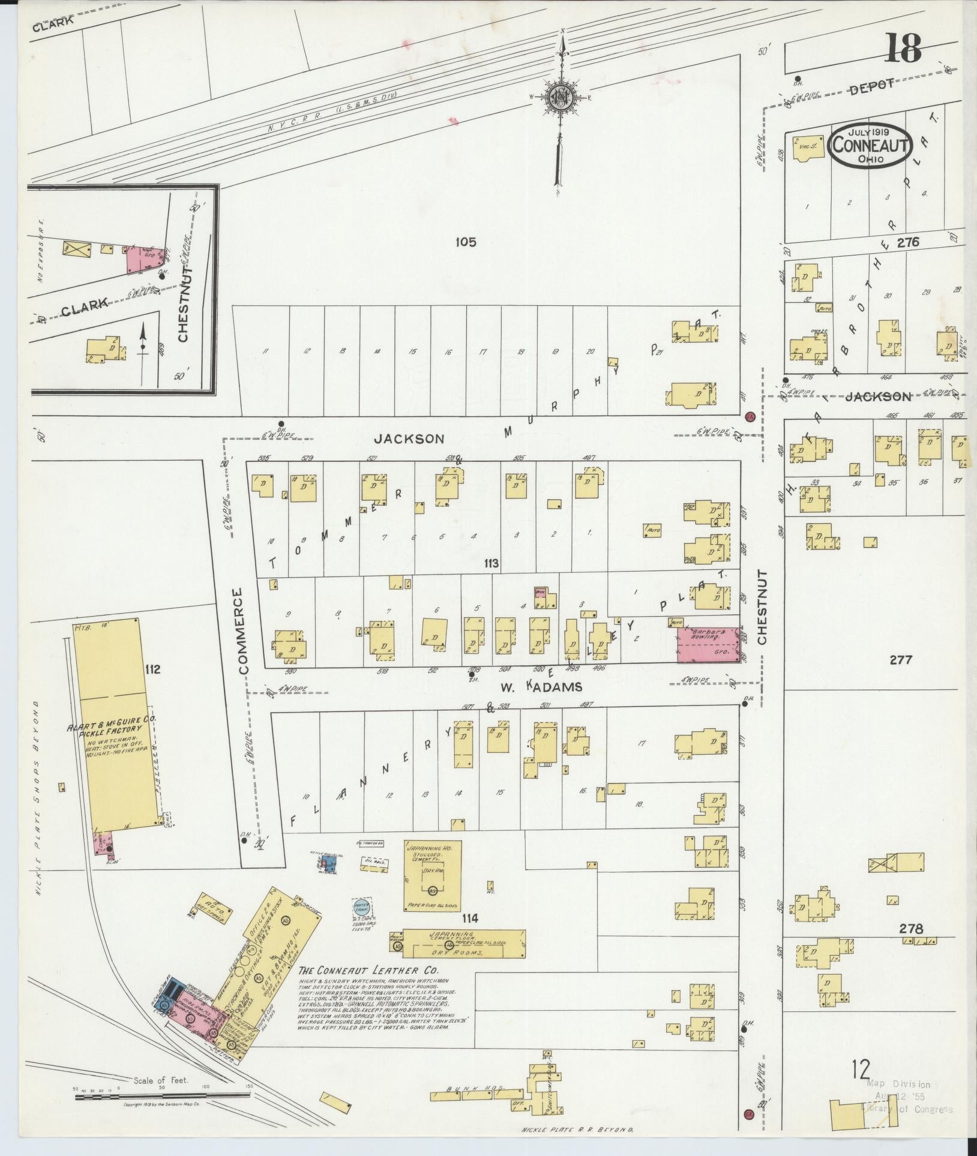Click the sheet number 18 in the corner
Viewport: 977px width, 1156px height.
(902, 49)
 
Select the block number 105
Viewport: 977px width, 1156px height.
(465, 242)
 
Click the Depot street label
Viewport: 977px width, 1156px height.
(871, 86)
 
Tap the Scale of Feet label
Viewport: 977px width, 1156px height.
(162, 1080)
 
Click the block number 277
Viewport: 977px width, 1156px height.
(900, 660)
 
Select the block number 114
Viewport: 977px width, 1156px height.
(470, 934)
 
